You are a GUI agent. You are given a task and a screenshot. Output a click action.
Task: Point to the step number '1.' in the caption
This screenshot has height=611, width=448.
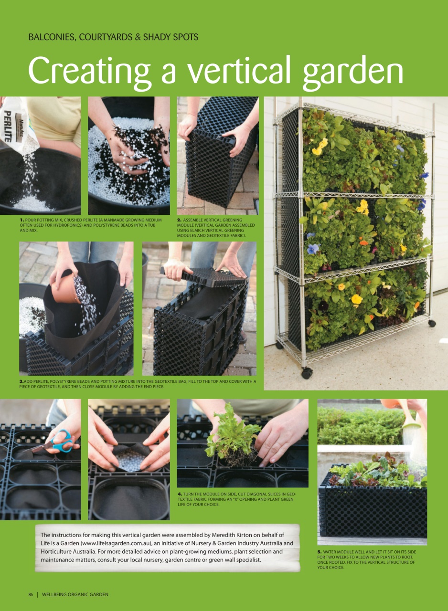(x=21, y=220)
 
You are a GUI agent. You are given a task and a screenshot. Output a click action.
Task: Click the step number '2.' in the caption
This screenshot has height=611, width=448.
(x=179, y=220)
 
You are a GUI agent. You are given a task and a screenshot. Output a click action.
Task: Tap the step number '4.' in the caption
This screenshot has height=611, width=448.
(x=180, y=494)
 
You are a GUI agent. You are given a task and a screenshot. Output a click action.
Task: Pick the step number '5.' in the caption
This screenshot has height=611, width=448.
(x=320, y=552)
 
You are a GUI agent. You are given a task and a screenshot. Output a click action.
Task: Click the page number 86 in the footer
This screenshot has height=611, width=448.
(x=31, y=594)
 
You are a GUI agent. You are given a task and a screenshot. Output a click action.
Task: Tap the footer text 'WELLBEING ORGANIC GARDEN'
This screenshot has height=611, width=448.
(x=75, y=594)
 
